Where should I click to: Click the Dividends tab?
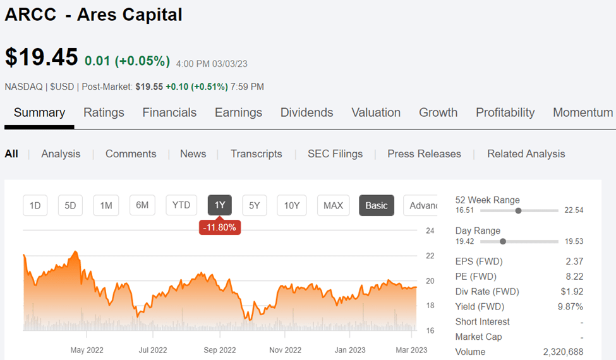[x=306, y=112]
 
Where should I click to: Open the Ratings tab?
[x=104, y=112]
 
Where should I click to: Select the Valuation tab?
[x=376, y=112]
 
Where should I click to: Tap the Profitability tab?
[x=505, y=112]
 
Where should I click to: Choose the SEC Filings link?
[x=335, y=153]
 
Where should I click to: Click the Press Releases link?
[x=424, y=153]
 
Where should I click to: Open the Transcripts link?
[x=256, y=153]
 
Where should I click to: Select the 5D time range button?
[x=70, y=205]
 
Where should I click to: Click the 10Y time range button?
[x=291, y=205]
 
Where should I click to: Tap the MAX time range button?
[x=333, y=205]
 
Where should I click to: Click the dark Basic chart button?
[x=377, y=205]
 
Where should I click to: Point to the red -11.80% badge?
[x=219, y=227]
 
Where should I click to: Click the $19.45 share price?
[x=42, y=57]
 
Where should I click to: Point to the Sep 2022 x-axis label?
[x=219, y=350]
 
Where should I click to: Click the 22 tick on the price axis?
[x=430, y=256]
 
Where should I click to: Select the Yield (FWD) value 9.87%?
[x=571, y=306]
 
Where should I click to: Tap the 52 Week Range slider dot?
[x=518, y=210]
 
